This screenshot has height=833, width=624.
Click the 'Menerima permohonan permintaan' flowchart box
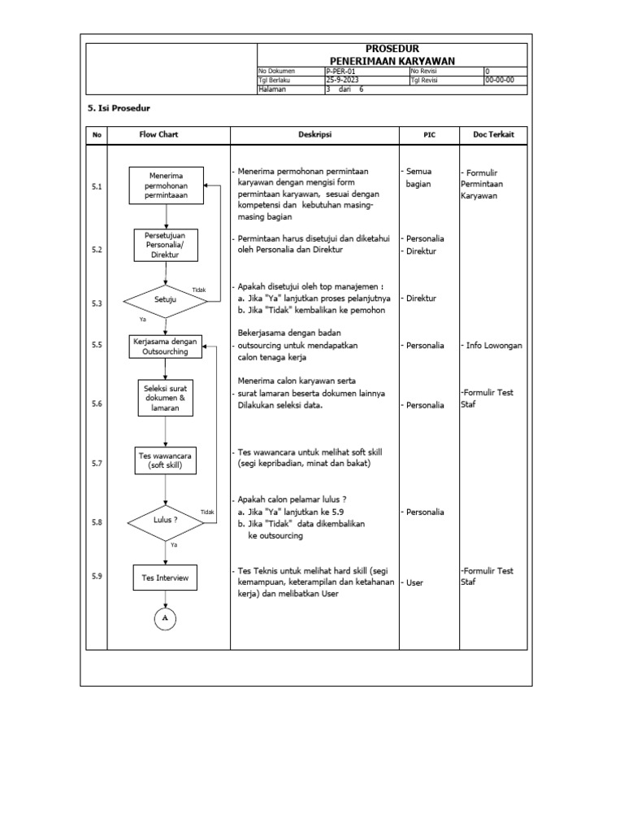[x=166, y=186]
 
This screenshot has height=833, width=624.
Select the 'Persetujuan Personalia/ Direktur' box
[x=166, y=245]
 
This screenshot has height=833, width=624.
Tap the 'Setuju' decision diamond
[x=166, y=300]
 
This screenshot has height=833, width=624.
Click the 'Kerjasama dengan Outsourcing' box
[x=166, y=347]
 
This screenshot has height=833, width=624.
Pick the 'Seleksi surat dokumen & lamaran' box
[x=166, y=399]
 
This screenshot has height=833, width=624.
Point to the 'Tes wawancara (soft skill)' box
[x=166, y=460]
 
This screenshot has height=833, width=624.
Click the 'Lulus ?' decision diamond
[x=166, y=519]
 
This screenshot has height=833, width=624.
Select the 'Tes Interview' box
[x=166, y=578]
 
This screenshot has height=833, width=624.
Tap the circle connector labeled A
[x=166, y=619]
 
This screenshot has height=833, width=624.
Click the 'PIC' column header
[x=429, y=135]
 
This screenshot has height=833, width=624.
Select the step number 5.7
[x=97, y=464]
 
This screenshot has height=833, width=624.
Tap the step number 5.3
[x=97, y=303]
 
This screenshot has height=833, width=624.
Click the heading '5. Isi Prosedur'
[x=119, y=108]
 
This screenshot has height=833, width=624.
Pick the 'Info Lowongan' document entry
[x=495, y=346]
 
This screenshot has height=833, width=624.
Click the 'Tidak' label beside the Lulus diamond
[x=207, y=511]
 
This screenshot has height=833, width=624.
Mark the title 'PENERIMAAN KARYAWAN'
[x=392, y=61]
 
